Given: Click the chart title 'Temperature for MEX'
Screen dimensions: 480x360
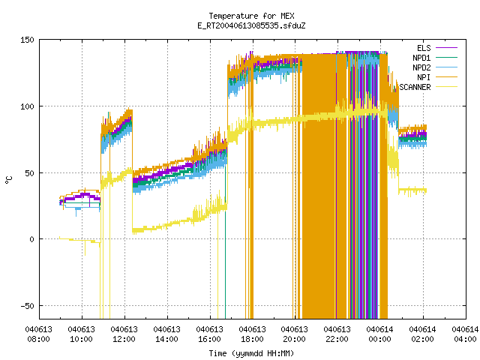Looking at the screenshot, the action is coord(251,16).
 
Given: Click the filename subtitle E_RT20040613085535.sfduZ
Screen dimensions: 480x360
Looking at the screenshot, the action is coord(251,25).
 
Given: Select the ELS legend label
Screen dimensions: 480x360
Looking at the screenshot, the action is coord(424,48).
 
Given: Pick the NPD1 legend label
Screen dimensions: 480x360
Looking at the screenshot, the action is coord(421,58).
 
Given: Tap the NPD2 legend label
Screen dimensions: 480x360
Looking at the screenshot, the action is coord(421,67).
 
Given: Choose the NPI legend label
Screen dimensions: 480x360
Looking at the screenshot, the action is coord(424,77).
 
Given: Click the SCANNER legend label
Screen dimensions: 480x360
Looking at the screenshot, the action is coord(415,87).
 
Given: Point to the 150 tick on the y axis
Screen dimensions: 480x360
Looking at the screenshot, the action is coord(27,40).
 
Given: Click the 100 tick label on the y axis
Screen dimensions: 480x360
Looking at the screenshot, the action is coord(27,106).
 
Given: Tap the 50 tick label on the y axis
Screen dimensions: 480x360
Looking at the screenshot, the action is coord(29,173).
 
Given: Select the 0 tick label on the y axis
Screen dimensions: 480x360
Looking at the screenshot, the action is coord(31,239).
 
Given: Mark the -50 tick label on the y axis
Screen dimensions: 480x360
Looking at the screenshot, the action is coord(27,306).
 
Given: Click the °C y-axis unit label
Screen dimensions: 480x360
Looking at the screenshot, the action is coord(9,180).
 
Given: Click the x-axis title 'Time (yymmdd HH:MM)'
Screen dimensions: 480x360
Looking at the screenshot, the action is coord(251,353).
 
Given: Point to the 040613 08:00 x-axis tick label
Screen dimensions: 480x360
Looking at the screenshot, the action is coord(38,334).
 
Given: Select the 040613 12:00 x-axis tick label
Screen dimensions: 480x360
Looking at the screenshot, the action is coord(124,334).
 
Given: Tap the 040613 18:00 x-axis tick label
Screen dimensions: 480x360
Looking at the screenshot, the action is coord(252,334).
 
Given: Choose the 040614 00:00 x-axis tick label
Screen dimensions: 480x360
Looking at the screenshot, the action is coord(380,334).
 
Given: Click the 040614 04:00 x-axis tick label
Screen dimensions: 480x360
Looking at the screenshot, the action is coord(465,334).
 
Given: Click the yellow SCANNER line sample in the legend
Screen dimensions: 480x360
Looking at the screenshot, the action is coord(447,87).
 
